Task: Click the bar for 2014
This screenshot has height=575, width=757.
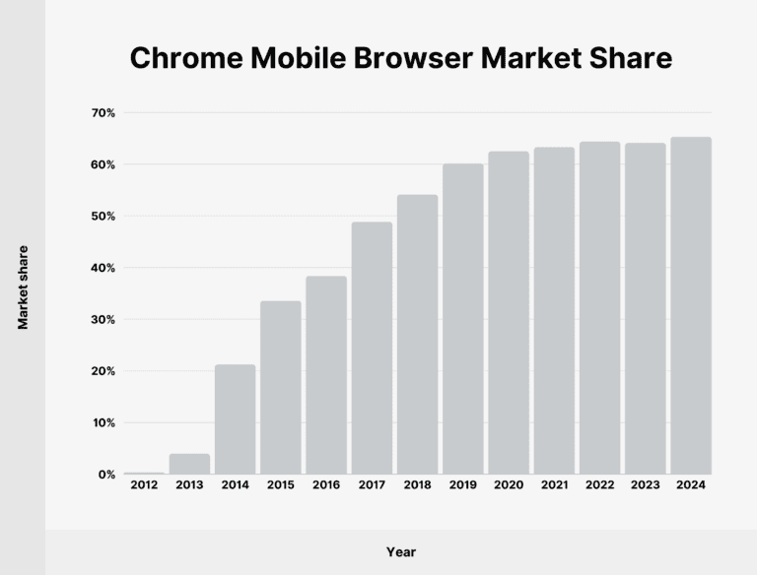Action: click(x=236, y=419)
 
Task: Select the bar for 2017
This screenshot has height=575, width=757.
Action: click(x=372, y=349)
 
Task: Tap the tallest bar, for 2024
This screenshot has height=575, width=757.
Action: click(x=691, y=306)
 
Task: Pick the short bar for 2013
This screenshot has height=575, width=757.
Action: click(x=189, y=464)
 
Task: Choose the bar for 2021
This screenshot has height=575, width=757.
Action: click(x=554, y=311)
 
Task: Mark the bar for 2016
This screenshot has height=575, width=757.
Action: click(x=326, y=375)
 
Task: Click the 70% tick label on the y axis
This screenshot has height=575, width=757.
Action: click(x=103, y=113)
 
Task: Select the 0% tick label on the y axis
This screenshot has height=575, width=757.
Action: click(x=106, y=475)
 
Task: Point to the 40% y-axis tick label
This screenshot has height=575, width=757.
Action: click(x=103, y=268)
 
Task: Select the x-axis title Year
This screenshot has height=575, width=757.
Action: click(x=401, y=552)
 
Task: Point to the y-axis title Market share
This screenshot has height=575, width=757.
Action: click(x=23, y=287)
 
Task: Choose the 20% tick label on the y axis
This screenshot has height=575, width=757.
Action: click(x=103, y=371)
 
